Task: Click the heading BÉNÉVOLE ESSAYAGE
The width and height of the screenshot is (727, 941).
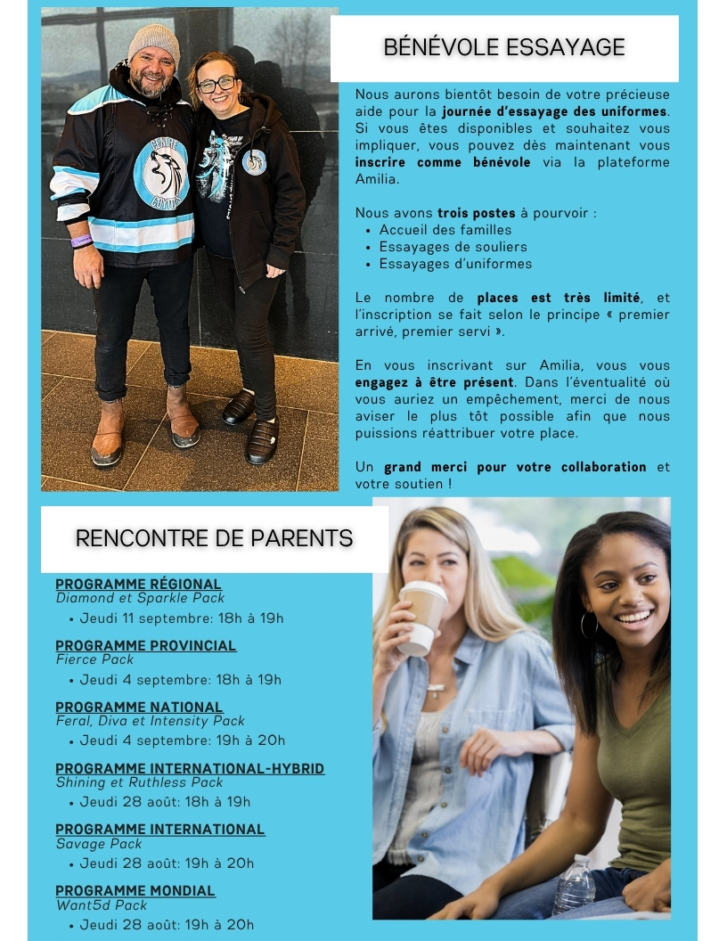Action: tap(504, 47)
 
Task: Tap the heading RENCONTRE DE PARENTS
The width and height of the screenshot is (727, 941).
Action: tap(214, 538)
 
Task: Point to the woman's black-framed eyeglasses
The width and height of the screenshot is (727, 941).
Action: tap(216, 85)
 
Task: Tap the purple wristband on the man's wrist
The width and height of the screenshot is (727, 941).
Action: tap(81, 241)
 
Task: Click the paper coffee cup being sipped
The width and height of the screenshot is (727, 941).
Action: tap(421, 617)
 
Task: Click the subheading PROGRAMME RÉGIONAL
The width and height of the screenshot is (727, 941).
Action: tap(138, 585)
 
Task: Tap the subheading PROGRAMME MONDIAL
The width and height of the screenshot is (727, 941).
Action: tap(135, 890)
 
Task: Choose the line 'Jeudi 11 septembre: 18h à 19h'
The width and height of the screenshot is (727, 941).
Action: tap(182, 618)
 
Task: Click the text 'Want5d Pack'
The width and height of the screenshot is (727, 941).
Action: tap(102, 905)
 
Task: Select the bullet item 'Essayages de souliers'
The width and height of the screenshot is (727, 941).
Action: tap(453, 247)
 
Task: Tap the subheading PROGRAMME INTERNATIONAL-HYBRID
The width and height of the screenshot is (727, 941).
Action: tap(190, 768)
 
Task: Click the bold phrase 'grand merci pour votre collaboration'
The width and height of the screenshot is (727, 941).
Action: tap(515, 467)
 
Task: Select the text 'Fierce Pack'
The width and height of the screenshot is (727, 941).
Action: tap(94, 659)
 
